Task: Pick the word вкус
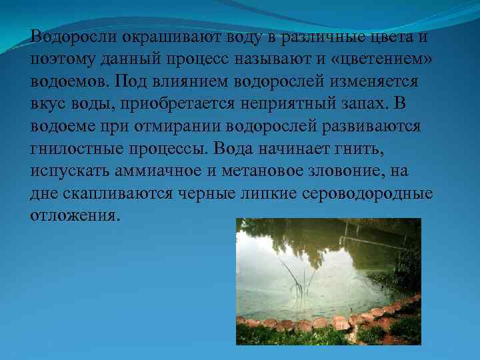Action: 49,105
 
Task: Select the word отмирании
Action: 167,127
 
